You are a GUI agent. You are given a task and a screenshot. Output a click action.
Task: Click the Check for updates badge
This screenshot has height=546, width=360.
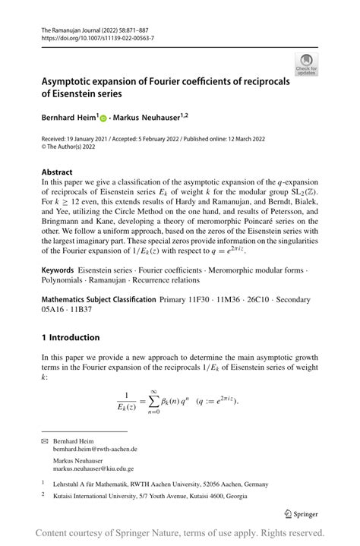point(307,65)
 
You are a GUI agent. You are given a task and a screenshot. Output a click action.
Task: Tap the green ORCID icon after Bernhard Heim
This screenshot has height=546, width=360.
point(103,119)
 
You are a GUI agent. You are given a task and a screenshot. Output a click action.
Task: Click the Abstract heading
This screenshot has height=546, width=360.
point(58,172)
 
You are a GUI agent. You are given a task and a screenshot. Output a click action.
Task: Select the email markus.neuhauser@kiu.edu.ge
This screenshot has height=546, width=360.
point(94,469)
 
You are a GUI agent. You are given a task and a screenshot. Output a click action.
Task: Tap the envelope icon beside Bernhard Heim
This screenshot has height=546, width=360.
point(46,440)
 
